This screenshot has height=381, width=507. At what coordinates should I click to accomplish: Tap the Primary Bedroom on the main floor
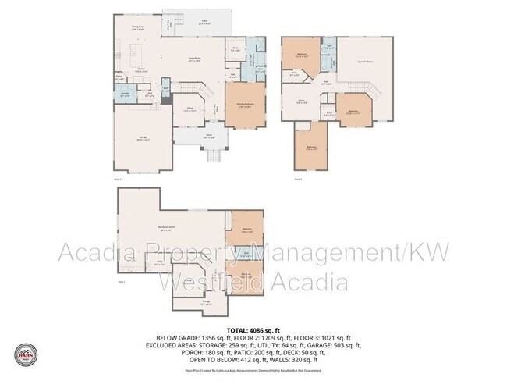coord(243,105)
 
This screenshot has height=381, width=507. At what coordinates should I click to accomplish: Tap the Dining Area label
coord(139,28)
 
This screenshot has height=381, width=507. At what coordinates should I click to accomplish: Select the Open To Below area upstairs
coord(364,62)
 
